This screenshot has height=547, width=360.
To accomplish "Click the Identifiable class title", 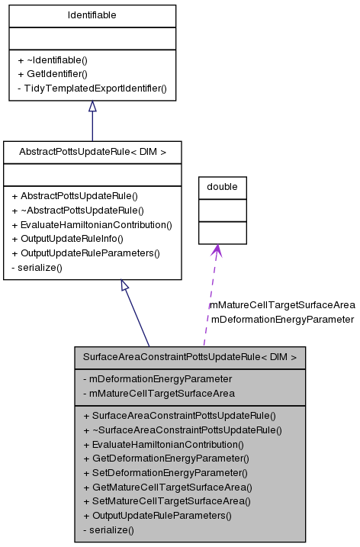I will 92,14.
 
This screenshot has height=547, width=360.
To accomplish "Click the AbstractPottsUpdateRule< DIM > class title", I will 92,152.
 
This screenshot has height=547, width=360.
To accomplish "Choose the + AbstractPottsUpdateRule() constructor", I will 75,196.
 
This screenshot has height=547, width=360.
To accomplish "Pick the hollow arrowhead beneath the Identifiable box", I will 92,107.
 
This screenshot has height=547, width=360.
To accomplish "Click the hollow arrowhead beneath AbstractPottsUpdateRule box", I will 127,286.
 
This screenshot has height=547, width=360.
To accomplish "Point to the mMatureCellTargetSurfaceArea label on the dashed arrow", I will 282,305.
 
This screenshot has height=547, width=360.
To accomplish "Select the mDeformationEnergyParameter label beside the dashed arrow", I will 282,319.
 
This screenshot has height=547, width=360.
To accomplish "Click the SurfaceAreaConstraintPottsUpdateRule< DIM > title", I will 190,356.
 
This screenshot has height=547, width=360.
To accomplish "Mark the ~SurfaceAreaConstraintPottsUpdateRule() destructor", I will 182,430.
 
